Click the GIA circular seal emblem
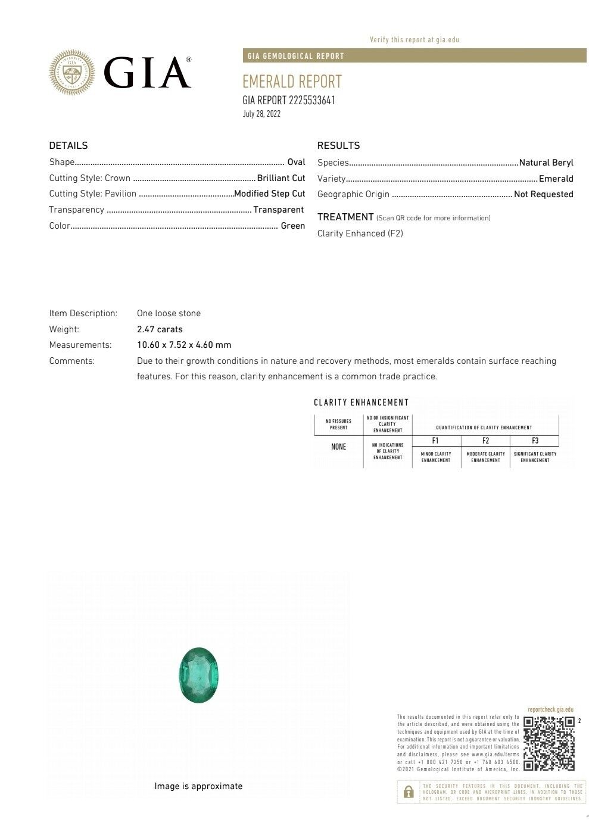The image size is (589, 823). click(72, 73)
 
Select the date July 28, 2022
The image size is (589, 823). click(261, 114)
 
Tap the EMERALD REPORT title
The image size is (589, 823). click(292, 82)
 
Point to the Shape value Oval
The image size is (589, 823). click(296, 162)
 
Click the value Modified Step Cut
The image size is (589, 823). click(269, 194)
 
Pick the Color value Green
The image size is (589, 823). click(292, 226)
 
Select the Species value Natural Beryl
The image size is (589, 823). click(546, 163)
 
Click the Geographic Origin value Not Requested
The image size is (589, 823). click(543, 194)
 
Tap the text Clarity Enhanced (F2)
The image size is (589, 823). click(360, 233)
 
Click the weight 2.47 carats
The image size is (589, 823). click(160, 329)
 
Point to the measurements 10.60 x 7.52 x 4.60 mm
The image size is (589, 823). click(184, 345)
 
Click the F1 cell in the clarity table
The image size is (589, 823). click(435, 441)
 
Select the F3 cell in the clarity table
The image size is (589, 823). click(535, 441)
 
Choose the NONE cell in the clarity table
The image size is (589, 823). click(338, 447)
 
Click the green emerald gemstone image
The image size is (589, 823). click(199, 675)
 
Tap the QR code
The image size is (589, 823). click(549, 743)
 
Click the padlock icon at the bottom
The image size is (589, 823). click(409, 792)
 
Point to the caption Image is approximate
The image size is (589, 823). click(198, 786)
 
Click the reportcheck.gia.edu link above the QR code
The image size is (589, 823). click(550, 709)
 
